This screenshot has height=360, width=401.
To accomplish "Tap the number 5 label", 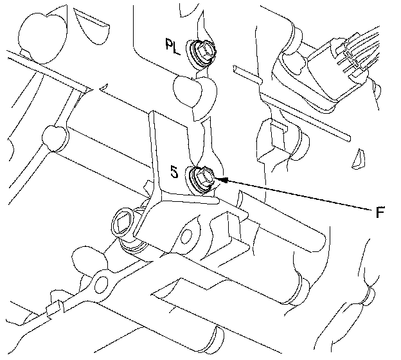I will point(174,172).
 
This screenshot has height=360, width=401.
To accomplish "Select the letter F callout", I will point(380,212).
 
